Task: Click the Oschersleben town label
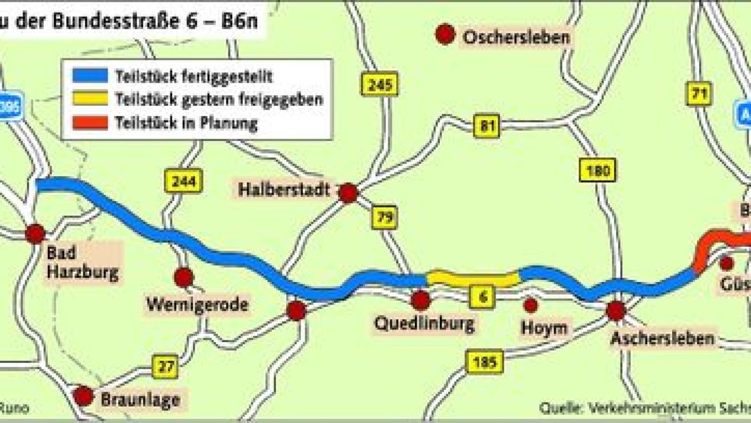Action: tap(516, 38)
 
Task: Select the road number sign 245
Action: tap(379, 84)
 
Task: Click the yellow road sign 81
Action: tap(486, 125)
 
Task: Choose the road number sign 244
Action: tap(183, 182)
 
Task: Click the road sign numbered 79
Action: tap(384, 217)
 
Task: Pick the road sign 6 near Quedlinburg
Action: tap(482, 296)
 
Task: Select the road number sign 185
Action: tap(484, 362)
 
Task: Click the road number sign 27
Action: tap(165, 367)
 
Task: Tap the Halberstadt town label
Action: tap(284, 189)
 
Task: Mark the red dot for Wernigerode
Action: tap(183, 277)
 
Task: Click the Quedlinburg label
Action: tap(424, 324)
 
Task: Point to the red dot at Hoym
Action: tap(531, 305)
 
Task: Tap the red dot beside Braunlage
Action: tap(83, 396)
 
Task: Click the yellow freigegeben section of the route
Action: tap(473, 278)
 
